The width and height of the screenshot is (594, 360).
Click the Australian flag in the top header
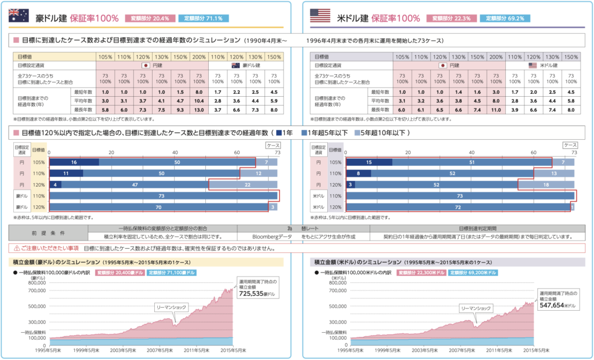coord(19,17)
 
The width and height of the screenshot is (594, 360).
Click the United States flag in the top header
coord(320,17)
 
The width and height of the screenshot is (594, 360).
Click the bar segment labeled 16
coord(74,162)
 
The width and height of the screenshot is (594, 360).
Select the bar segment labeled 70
coord(158,207)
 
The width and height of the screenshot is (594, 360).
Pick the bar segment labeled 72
coord(458,207)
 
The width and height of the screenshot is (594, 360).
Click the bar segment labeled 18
coord(545,184)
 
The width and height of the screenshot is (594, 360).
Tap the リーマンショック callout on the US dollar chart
coord(476,308)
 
